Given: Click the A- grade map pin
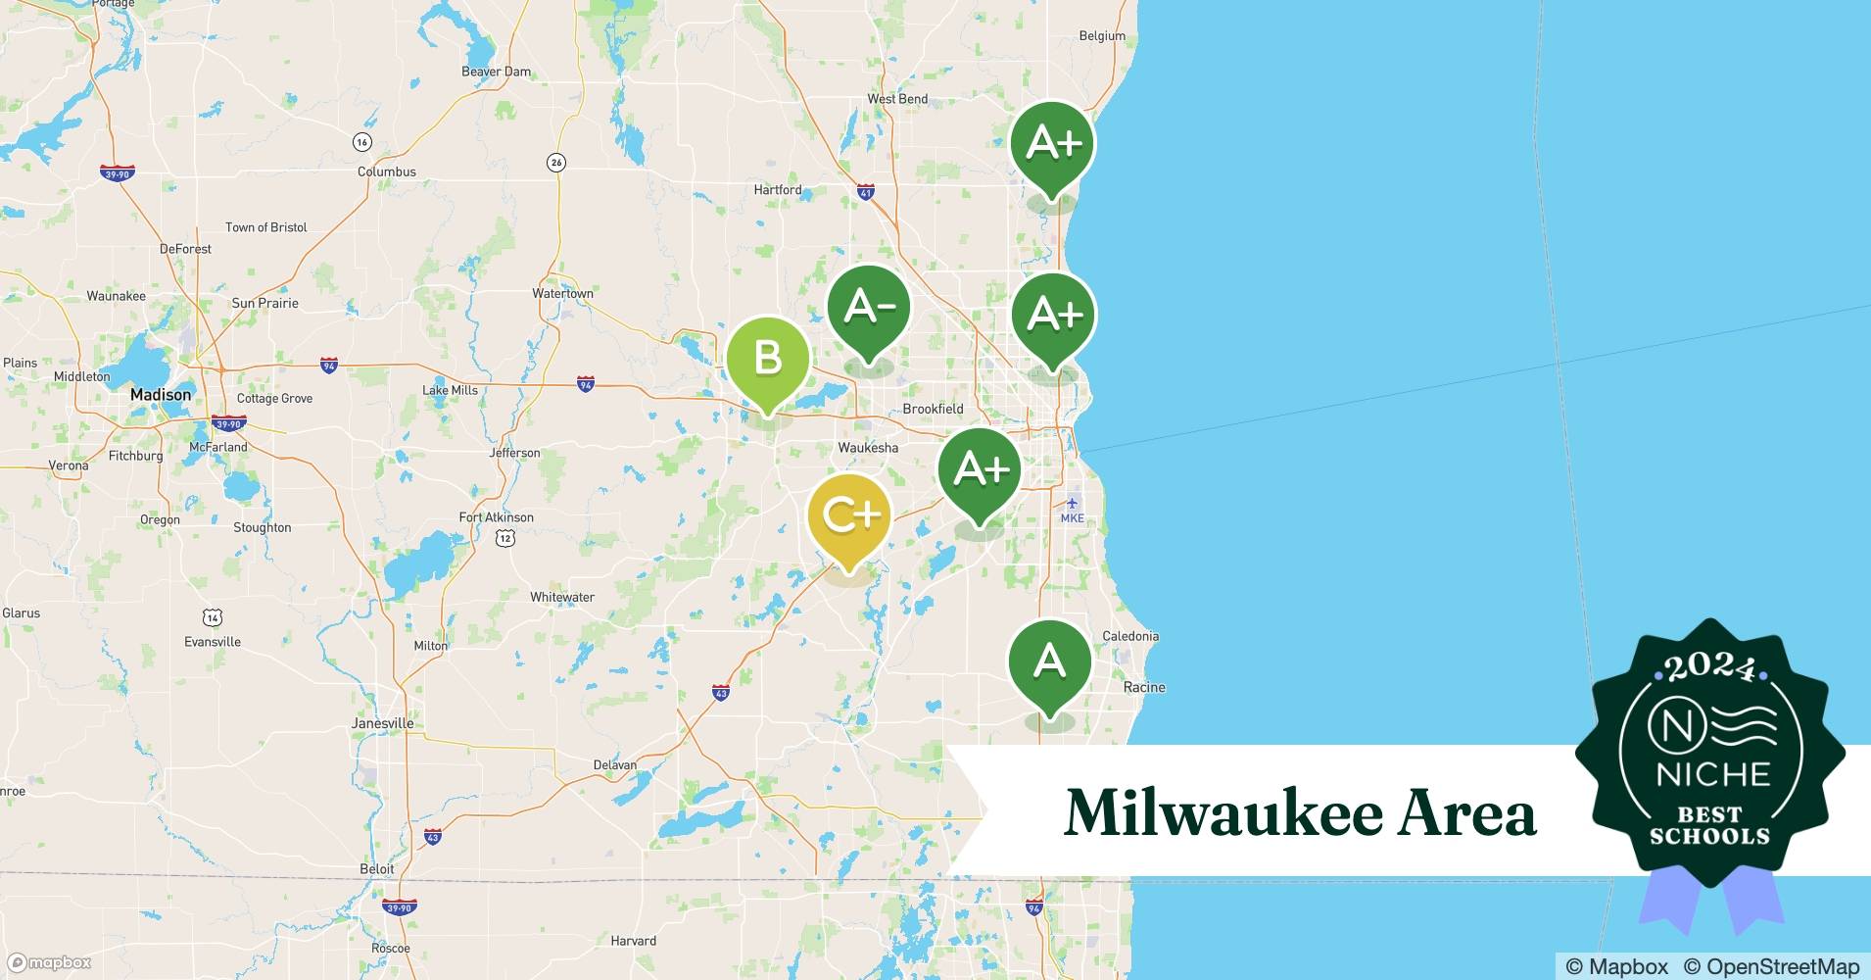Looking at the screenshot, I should coord(869,310).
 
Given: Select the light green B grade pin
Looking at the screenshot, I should coord(768,360).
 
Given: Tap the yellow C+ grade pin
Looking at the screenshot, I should coord(849,516).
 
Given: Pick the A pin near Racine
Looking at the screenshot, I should coord(1050,662).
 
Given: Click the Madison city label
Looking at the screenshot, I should coord(161,395).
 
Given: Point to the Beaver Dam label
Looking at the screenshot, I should coord(496,72).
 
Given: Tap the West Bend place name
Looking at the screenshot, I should coord(897,99).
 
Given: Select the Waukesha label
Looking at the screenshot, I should coord(868,448).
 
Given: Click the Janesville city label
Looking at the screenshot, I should coord(382,724).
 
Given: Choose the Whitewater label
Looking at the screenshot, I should coord(562,597).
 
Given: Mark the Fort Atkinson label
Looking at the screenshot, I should coord(497,517).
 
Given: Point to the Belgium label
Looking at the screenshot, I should coord(1102,36).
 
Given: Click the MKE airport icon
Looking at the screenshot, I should coord(1072,504).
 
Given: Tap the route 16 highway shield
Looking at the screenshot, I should coord(362,142).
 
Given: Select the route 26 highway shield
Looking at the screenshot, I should coord(556,163).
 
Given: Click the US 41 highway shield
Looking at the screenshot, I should coord(865,193).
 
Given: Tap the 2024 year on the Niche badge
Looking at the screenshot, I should coord(1710,668).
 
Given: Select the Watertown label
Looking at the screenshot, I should coord(562,293).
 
